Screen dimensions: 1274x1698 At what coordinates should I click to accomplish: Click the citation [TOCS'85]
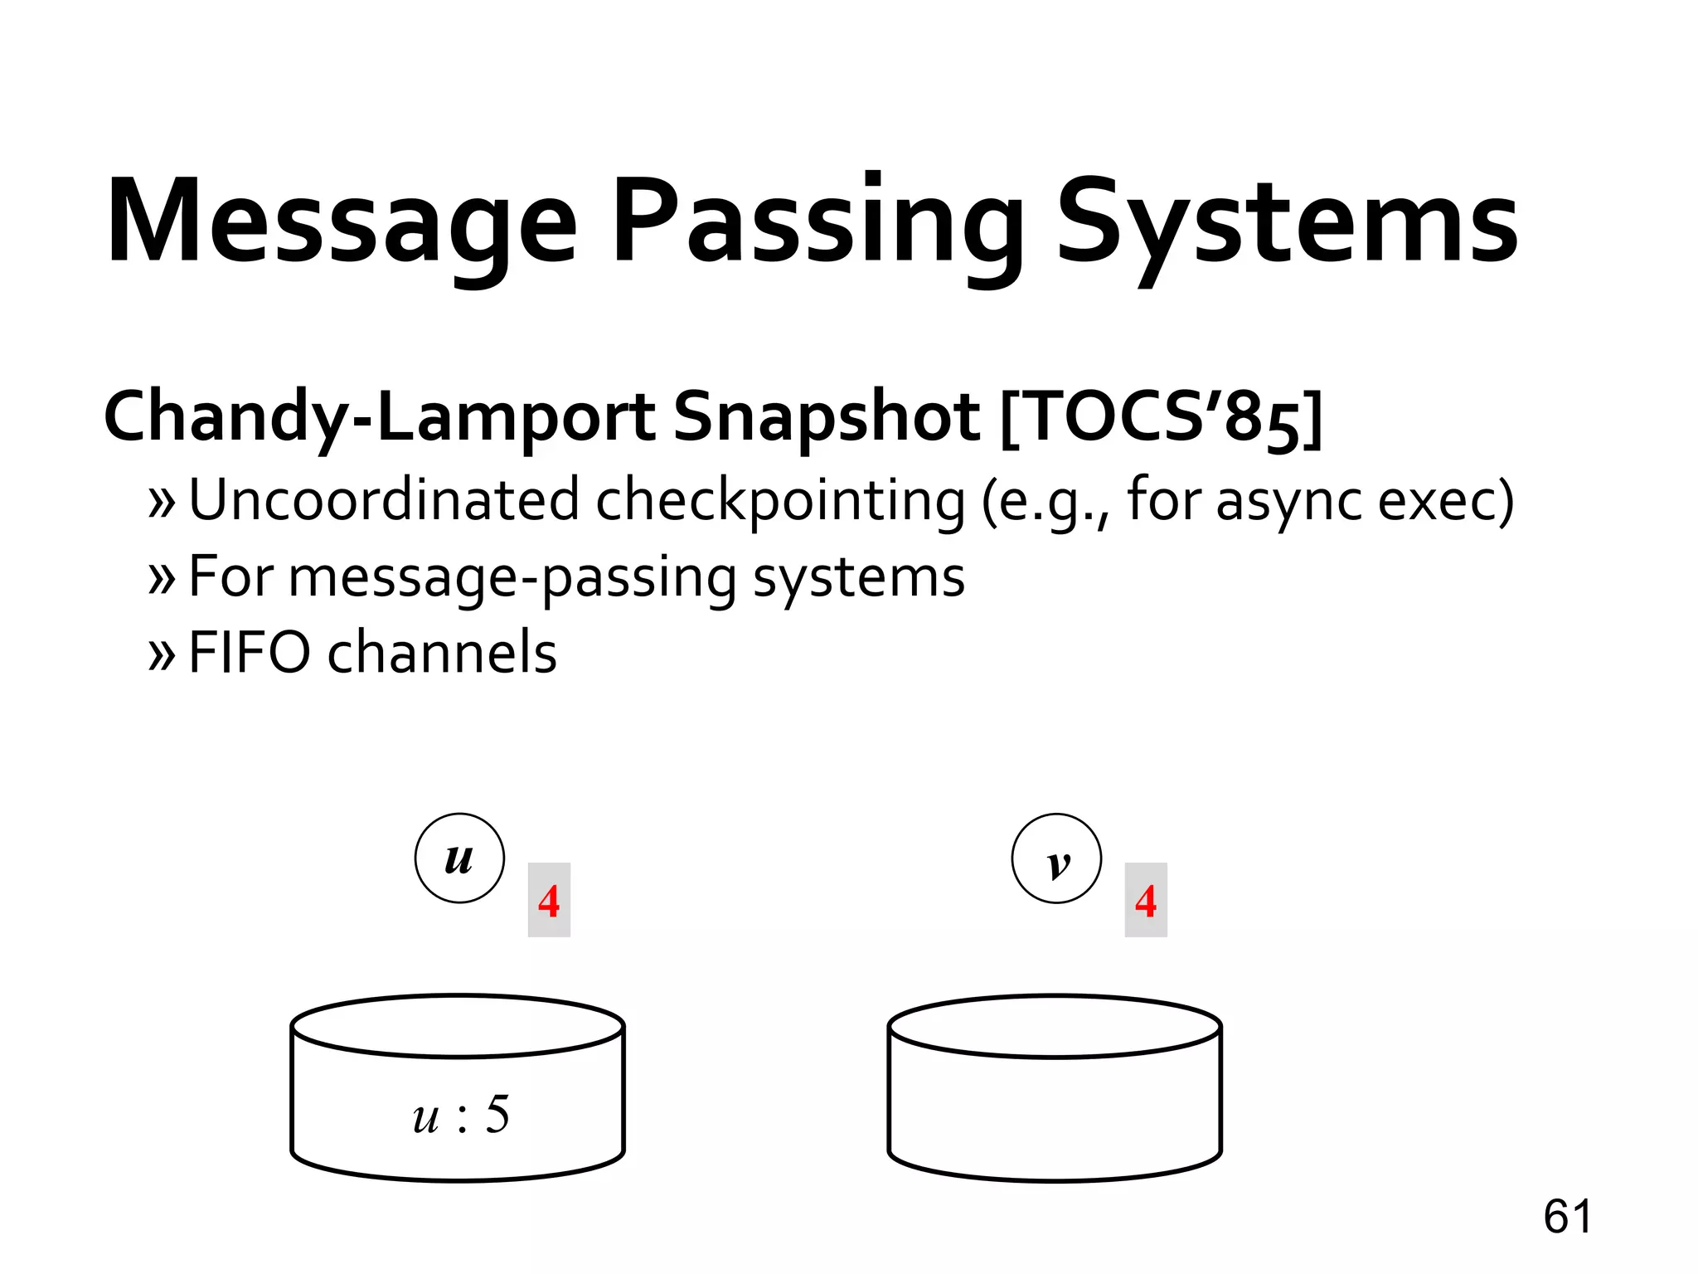1161,417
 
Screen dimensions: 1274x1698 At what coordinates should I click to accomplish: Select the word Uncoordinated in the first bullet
384,500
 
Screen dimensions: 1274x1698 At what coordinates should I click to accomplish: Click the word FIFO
250,652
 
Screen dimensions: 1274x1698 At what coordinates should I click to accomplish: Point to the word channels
442,652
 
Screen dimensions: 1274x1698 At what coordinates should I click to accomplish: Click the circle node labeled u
459,858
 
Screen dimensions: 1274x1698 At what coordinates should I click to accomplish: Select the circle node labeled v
1056,858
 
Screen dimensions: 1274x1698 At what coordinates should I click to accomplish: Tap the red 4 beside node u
549,900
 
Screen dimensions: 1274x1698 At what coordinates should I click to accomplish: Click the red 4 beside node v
1146,900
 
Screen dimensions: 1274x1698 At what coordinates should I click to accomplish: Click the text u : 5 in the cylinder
461,1115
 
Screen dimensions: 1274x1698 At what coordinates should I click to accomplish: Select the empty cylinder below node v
1055,1095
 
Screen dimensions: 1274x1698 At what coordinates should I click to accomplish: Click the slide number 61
1567,1217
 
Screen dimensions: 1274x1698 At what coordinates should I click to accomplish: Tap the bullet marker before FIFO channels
162,654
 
